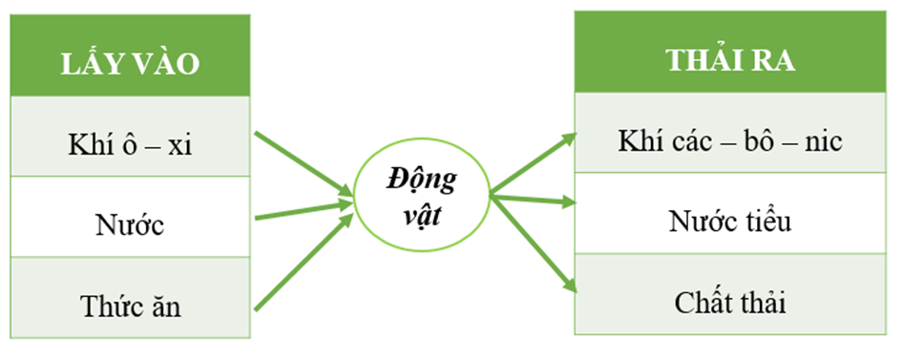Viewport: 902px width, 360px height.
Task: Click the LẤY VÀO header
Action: coord(130,55)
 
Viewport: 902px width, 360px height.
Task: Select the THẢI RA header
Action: coord(730,52)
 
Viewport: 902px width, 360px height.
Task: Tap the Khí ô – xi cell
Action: coord(130,137)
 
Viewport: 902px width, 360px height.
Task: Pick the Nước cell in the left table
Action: coord(130,217)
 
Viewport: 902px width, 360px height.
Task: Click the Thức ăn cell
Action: coord(130,297)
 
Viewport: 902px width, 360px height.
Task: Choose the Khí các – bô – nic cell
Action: coord(730,133)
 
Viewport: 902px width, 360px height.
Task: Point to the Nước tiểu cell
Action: coord(730,213)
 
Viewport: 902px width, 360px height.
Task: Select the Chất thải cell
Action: coord(730,294)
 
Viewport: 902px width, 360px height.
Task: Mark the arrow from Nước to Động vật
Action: coord(304,210)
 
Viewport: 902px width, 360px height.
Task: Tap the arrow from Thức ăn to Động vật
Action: coord(304,262)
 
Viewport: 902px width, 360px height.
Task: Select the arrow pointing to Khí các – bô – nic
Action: coord(534,163)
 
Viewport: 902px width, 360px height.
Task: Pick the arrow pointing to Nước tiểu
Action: coord(534,199)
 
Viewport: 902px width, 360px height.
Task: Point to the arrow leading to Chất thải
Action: coord(534,244)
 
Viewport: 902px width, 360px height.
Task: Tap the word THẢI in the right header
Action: coord(704,60)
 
